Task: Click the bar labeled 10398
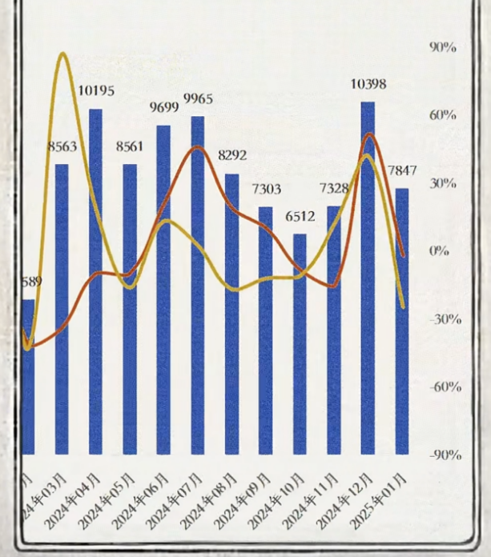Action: point(368,280)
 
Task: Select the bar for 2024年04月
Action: point(95,280)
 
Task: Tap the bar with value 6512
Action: point(300,344)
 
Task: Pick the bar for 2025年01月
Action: point(401,320)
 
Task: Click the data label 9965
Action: point(199,98)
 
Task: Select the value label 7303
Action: point(266,189)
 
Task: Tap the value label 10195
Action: point(96,90)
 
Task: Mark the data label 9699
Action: point(163,106)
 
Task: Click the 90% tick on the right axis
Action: point(443,47)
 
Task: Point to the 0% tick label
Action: point(440,251)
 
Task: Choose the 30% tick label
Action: point(443,183)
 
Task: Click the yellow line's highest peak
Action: point(63,54)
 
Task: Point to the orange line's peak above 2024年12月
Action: point(368,134)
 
